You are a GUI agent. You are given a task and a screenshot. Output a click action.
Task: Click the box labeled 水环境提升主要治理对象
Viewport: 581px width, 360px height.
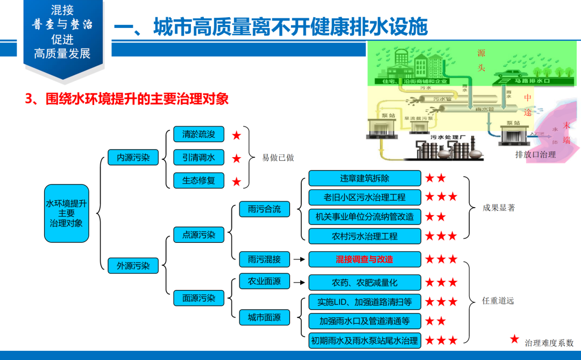click(66, 213)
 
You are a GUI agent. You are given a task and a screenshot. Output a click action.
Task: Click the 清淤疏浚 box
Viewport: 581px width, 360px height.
click(195, 135)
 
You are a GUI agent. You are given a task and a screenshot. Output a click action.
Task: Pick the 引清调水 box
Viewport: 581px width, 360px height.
click(195, 158)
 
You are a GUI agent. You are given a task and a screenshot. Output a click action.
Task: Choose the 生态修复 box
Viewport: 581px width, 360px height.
click(195, 180)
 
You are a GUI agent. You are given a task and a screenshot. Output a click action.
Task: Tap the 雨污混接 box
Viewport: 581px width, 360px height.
click(264, 259)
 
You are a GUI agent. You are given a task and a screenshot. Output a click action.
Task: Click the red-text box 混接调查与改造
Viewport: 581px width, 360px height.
click(364, 259)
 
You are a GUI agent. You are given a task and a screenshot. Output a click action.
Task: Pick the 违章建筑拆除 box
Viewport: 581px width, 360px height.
click(364, 178)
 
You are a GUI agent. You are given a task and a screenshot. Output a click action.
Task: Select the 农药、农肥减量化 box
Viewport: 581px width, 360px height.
click(364, 282)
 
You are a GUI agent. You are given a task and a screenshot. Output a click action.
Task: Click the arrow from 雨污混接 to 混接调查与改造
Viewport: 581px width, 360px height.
click(299, 259)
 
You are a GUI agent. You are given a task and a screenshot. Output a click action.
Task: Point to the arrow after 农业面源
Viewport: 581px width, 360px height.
click(299, 281)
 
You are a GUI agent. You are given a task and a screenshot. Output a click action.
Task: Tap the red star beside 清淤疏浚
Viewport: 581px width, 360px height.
click(237, 136)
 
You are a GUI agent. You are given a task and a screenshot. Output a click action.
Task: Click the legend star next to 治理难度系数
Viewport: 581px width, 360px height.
click(515, 340)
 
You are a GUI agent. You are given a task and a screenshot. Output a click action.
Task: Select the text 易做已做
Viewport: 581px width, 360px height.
click(278, 158)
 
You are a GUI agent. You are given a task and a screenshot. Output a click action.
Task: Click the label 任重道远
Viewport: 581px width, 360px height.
click(498, 301)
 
